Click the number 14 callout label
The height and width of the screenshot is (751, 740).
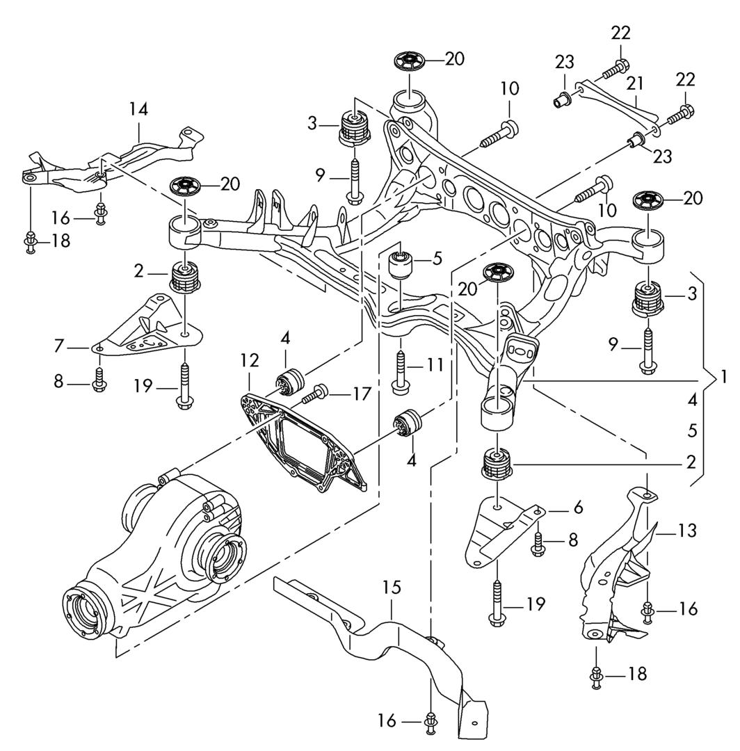click(x=138, y=109)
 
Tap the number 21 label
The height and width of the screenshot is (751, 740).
click(x=634, y=84)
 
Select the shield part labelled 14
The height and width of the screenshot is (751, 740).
click(x=111, y=164)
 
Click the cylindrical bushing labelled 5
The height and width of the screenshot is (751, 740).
click(x=400, y=265)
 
